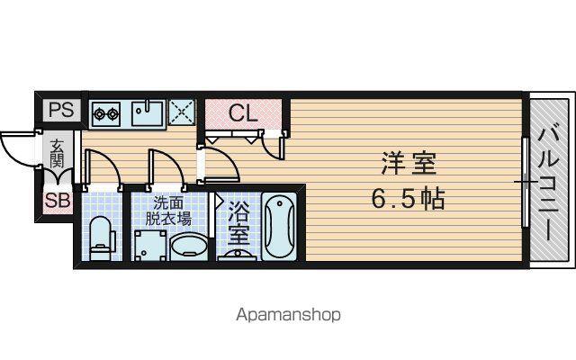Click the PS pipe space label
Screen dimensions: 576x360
tap(62, 110)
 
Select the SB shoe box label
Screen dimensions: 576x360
tap(58, 201)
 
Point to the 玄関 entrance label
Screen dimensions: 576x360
tap(57, 153)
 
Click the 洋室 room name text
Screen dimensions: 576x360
tap(409, 164)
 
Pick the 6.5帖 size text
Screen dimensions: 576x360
tap(409, 198)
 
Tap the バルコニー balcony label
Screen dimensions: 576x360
tap(548, 184)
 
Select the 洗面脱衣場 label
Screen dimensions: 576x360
tap(168, 211)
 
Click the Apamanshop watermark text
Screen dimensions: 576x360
tap(288, 315)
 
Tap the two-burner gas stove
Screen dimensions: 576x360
tap(106, 114)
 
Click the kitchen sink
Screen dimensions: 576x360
tap(148, 113)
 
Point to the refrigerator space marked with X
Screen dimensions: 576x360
tap(182, 112)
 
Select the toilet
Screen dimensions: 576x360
tap(101, 238)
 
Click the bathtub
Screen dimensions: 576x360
tap(280, 226)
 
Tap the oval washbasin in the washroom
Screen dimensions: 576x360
tap(188, 247)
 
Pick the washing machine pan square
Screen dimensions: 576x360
tap(150, 246)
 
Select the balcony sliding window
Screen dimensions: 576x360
tap(526, 183)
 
